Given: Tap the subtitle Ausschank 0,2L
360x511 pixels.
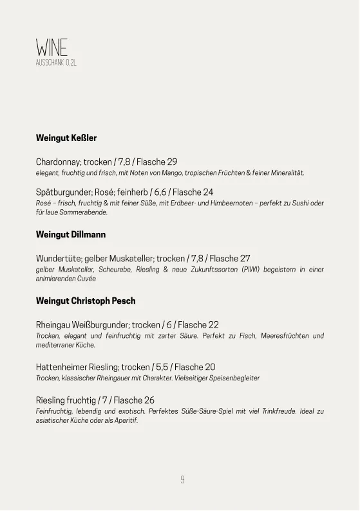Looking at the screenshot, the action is [x=56, y=62].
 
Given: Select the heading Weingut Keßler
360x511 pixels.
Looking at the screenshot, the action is [x=66, y=138].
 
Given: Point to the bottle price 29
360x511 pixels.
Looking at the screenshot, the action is [x=172, y=162].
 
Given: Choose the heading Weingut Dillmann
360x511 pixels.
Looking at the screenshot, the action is [x=71, y=234].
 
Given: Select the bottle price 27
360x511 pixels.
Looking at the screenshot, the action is [x=245, y=258].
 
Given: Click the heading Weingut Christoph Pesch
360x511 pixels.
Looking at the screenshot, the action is [x=86, y=301].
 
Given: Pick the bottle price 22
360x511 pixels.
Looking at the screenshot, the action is [x=213, y=324].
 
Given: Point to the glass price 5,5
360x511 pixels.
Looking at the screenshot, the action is [x=162, y=367].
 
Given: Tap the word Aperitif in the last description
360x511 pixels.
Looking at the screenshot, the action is [x=126, y=420].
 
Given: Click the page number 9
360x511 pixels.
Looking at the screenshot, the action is [x=182, y=479].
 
